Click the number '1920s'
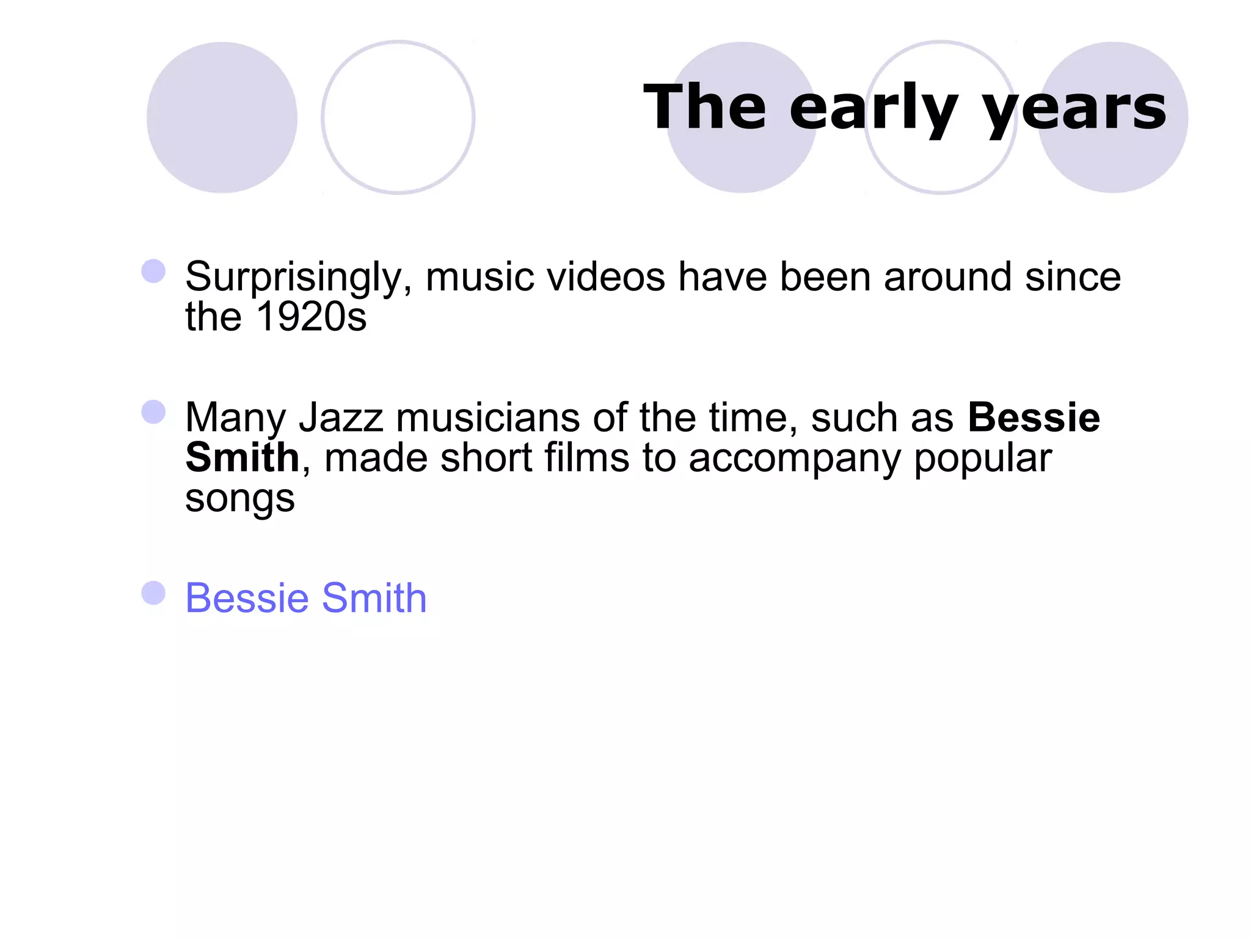[312, 317]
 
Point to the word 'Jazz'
[341, 418]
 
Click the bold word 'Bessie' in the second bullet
[1034, 418]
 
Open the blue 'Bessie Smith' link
[305, 598]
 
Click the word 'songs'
[239, 499]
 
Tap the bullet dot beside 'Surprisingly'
[153, 271]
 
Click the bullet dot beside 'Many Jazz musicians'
[153, 412]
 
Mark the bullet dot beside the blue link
[153, 593]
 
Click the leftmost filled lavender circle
[222, 117]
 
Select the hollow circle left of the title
[398, 117]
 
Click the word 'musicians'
[487, 418]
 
